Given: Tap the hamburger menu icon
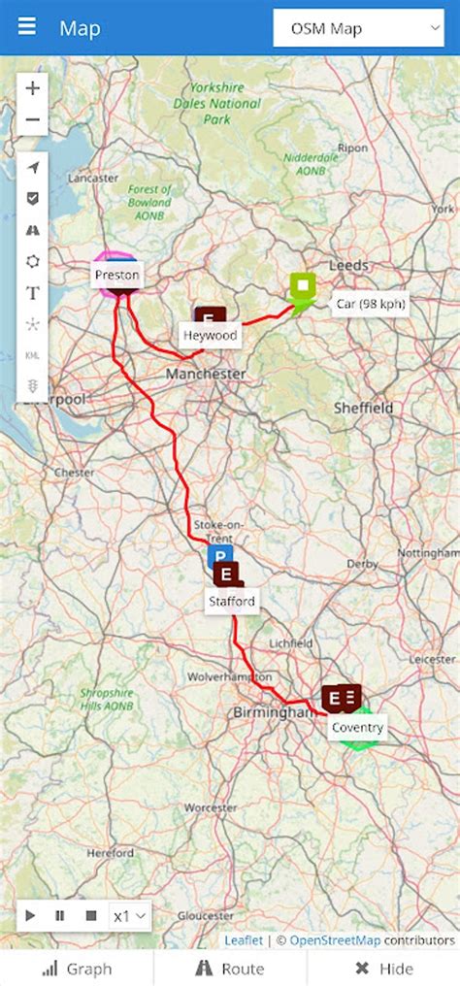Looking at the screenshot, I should (26, 26).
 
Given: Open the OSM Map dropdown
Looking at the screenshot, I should (358, 29).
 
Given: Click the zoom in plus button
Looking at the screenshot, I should (33, 88).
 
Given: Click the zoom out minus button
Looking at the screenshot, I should (33, 120).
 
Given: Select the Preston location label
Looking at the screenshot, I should (116, 276).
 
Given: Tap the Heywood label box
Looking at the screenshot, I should (211, 335).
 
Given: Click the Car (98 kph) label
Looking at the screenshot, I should (370, 304).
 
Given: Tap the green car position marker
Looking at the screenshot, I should (303, 287).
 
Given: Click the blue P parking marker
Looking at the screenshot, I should (219, 556).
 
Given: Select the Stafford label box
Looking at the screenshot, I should (231, 602).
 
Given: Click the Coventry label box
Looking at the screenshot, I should (357, 728).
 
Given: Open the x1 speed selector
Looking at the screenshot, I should (130, 915).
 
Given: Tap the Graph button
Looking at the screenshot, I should (77, 968).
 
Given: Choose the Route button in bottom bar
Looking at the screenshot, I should (230, 968).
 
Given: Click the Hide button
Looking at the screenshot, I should (383, 968).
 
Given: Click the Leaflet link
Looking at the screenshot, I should (243, 939).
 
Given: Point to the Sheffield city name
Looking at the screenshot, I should (364, 408).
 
